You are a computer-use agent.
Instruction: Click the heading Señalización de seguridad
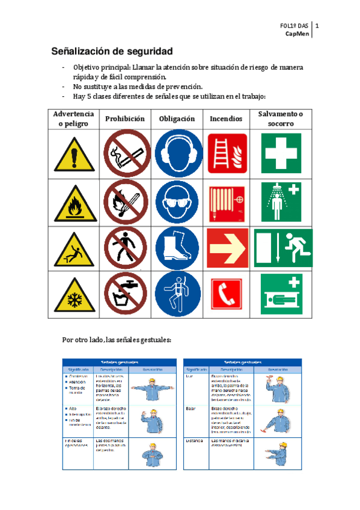[x=111, y=51]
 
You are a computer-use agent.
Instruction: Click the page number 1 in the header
[x=317, y=26]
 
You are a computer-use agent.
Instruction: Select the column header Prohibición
[x=125, y=119]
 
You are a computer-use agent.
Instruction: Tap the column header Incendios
[x=226, y=119]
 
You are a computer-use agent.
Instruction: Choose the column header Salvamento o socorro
[x=280, y=119]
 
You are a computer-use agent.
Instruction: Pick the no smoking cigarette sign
[x=125, y=154]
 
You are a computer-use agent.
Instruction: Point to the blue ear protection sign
[x=176, y=154]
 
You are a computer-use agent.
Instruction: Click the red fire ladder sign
[x=227, y=154]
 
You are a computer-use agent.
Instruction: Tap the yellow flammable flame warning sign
[x=74, y=201]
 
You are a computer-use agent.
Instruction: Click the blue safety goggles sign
[x=176, y=201]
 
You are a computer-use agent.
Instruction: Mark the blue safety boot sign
[x=176, y=248]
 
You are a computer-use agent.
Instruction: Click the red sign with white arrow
[x=227, y=248]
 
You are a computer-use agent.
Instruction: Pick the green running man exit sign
[x=282, y=247]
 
